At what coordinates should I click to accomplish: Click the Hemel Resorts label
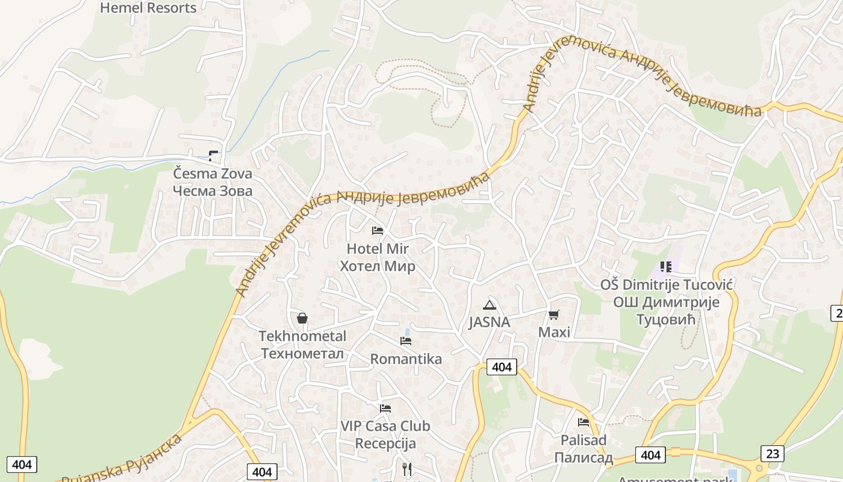[148, 8]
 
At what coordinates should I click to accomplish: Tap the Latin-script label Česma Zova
[212, 174]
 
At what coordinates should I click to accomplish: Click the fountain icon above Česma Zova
[213, 156]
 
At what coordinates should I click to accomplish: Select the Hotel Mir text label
[378, 248]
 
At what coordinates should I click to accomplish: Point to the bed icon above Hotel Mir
[378, 231]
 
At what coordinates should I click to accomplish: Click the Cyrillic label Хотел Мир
[378, 266]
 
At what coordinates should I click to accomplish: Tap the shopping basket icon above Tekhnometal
[302, 318]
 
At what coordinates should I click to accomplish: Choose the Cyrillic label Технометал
[302, 353]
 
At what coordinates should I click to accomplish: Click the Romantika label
[406, 359]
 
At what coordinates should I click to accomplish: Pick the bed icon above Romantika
[406, 341]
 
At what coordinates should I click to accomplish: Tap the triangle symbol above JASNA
[490, 305]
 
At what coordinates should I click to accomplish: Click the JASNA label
[490, 322]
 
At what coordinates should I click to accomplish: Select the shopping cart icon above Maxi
[554, 315]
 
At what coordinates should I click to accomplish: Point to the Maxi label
[554, 332]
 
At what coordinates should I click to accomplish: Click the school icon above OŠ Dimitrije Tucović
[666, 266]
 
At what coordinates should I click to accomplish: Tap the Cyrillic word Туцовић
[666, 319]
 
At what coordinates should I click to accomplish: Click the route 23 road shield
[772, 453]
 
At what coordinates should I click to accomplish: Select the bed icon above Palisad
[583, 422]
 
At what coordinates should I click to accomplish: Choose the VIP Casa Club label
[385, 426]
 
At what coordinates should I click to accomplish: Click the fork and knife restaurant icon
[407, 469]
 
